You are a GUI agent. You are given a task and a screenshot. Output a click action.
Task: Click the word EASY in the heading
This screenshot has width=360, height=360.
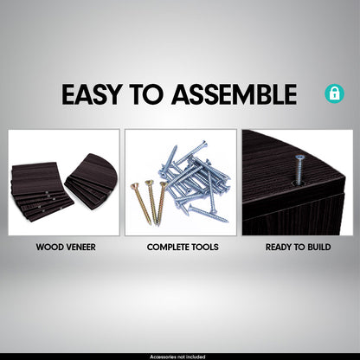pos(91,94)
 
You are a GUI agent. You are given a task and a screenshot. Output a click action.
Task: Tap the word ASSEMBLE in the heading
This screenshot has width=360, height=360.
pos(234,94)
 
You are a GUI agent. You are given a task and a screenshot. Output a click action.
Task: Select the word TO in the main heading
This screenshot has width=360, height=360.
pos(146,94)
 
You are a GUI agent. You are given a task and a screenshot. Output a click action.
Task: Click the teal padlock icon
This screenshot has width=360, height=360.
pos(334,93)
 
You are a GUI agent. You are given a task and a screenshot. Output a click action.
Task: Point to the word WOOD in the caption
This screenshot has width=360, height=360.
pos(48,247)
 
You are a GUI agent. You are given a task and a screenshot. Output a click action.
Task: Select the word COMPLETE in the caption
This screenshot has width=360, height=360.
pos(166,247)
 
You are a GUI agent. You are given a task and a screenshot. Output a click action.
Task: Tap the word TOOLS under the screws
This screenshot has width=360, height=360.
pos(203,247)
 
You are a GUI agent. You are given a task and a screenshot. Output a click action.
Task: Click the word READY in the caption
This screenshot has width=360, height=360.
pos(279,247)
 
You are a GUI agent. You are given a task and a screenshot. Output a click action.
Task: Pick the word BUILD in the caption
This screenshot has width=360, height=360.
pos(319,247)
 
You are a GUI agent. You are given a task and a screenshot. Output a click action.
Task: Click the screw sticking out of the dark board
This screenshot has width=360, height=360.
pos(298,170)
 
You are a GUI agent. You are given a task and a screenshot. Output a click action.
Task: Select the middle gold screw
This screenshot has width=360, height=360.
pos(153,202)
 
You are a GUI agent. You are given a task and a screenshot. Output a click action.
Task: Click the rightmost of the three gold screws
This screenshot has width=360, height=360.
pos(162,202)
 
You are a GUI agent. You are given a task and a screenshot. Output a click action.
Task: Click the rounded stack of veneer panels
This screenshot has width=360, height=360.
pos(91,176)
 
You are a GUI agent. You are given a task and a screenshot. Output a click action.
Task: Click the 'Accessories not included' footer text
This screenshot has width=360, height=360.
pos(177,357)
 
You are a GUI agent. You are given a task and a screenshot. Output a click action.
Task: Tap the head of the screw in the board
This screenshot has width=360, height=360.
pos(299,157)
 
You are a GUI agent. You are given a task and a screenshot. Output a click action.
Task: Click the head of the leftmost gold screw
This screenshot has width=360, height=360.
pos(134,187)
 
